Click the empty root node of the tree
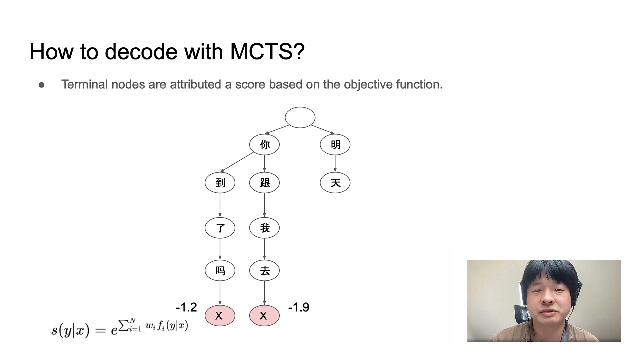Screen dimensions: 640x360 coord(300,117)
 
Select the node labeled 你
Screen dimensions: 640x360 coord(264,145)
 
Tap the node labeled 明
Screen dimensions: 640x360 coord(335,145)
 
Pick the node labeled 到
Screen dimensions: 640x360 coord(220,183)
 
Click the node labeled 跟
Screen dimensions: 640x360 coord(264,183)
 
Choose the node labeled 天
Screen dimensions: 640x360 coord(335,183)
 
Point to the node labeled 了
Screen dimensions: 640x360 coord(220,228)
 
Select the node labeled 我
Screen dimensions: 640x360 coord(264,228)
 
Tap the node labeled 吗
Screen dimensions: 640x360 coord(220,270)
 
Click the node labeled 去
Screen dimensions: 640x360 coord(264,270)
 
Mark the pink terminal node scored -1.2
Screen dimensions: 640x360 coord(220,315)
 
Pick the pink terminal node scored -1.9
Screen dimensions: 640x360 coord(264,315)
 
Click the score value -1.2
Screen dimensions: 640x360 coord(186,307)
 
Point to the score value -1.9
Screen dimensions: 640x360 coord(299,307)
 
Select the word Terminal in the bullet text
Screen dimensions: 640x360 coord(85,84)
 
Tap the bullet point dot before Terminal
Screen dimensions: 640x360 coord(42,85)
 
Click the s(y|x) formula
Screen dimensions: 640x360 coord(120,327)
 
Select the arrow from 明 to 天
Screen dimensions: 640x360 coord(335,164)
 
